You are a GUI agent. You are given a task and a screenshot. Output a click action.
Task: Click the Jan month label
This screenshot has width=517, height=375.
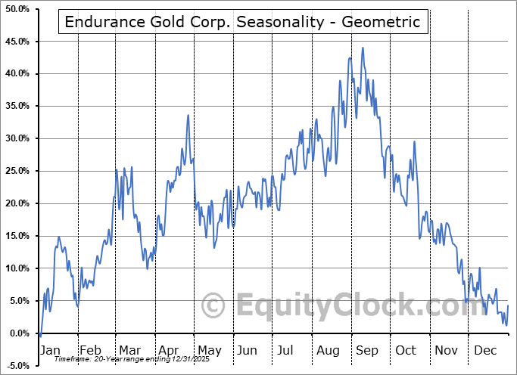click(49, 350)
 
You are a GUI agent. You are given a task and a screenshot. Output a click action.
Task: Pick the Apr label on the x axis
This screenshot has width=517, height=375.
click(168, 350)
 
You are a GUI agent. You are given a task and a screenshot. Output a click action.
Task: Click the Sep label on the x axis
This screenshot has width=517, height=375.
click(367, 350)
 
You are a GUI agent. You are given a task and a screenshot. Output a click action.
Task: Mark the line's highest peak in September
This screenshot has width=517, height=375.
click(363, 48)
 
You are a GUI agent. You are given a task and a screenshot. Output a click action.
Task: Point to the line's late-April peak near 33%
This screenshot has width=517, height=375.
click(188, 115)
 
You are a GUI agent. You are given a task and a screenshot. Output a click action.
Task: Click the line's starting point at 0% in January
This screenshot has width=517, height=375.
click(39, 333)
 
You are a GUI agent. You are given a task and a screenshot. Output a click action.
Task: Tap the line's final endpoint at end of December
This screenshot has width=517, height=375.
click(507, 305)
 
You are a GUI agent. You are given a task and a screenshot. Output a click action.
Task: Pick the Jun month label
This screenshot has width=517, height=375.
click(247, 350)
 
